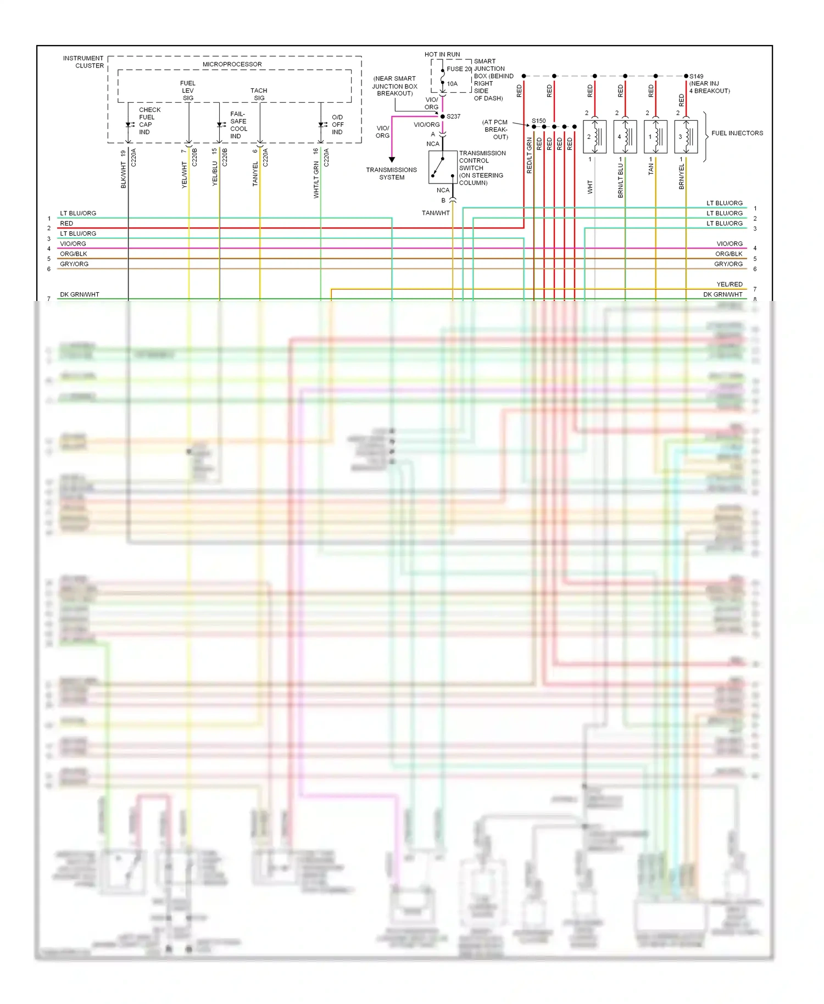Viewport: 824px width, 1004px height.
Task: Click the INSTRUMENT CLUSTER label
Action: pyautogui.click(x=83, y=62)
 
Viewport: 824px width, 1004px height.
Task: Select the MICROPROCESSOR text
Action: pyautogui.click(x=232, y=64)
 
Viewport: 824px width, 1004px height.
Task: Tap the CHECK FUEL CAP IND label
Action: pyautogui.click(x=149, y=121)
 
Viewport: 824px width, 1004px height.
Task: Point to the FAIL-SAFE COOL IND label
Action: pyautogui.click(x=238, y=125)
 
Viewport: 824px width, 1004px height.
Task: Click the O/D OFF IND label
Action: pyautogui.click(x=337, y=125)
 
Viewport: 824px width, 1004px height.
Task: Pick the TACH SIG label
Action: pyautogui.click(x=259, y=94)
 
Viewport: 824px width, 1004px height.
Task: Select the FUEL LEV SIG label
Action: pyautogui.click(x=188, y=91)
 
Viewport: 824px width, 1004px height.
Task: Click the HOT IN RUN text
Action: pyautogui.click(x=442, y=54)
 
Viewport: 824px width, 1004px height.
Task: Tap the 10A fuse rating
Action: pyautogui.click(x=452, y=83)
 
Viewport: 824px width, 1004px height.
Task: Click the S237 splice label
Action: pyautogui.click(x=453, y=116)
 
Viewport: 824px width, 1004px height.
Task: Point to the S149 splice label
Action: pyautogui.click(x=696, y=76)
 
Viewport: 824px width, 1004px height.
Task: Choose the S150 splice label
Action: pyautogui.click(x=538, y=121)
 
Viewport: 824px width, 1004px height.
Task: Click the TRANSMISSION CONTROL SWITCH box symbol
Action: pyautogui.click(x=443, y=167)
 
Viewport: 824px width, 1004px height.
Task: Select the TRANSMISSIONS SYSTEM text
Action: pyautogui.click(x=392, y=174)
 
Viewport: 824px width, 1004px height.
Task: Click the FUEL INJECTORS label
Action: pyautogui.click(x=737, y=133)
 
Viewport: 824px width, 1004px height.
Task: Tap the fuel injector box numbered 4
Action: pyautogui.click(x=625, y=137)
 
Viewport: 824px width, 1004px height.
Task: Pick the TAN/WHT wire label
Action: pyautogui.click(x=436, y=213)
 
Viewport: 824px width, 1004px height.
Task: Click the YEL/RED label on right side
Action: pyautogui.click(x=729, y=285)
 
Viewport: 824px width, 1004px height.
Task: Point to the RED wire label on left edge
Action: pyautogui.click(x=66, y=224)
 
